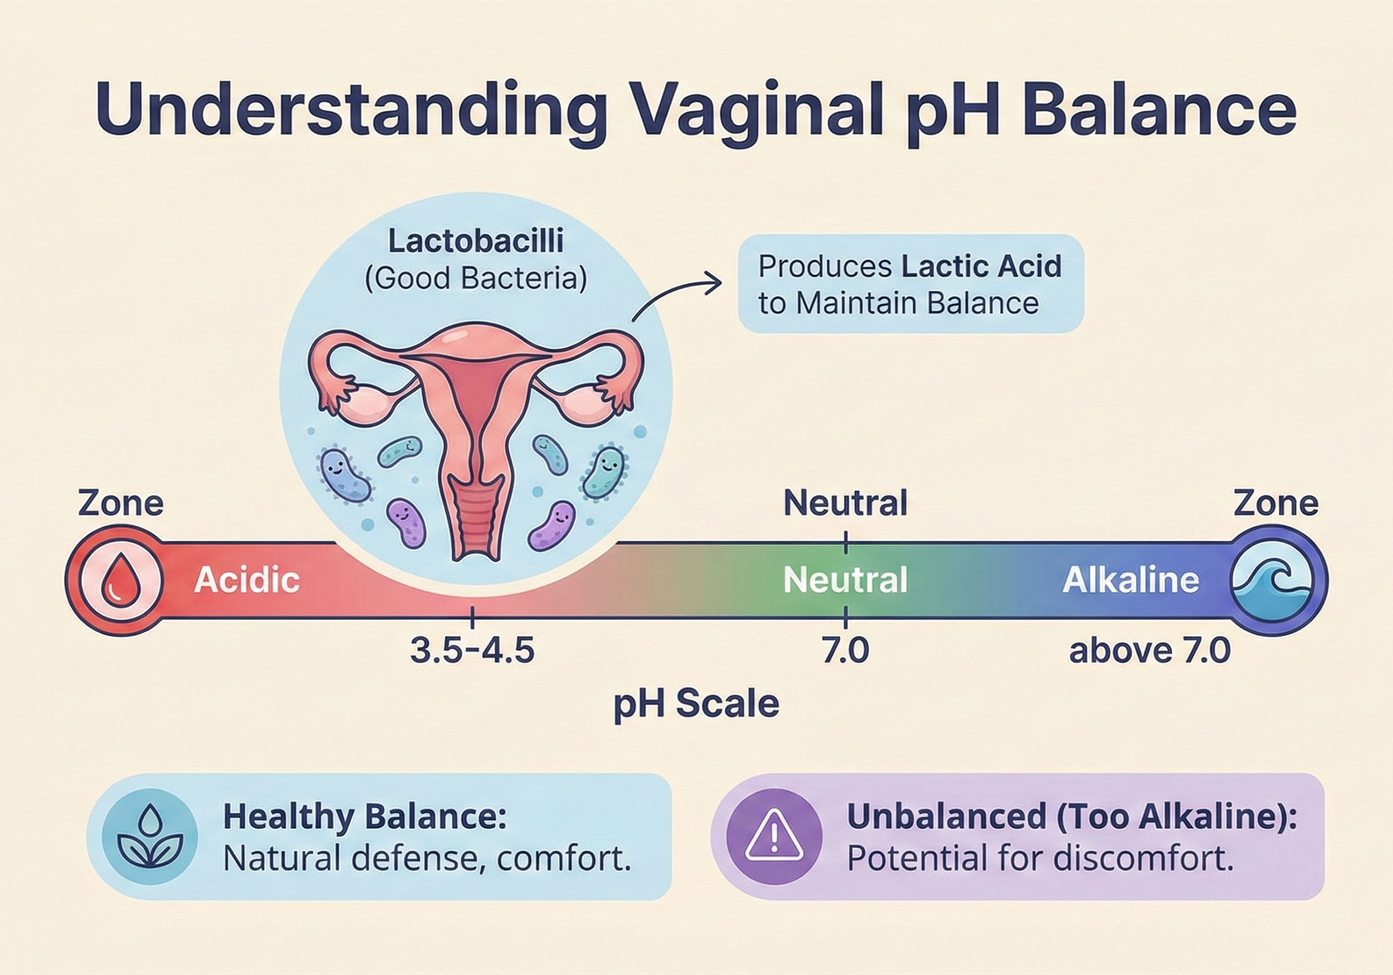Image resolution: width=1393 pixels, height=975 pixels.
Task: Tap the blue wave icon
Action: click(x=1272, y=579)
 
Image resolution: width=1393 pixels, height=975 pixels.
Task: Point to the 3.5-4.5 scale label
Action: click(x=472, y=651)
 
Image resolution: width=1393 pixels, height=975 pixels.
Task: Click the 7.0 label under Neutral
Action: click(x=846, y=651)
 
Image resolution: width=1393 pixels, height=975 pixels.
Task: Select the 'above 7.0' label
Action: click(x=1150, y=651)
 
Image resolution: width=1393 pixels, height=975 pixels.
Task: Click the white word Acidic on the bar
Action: click(x=247, y=580)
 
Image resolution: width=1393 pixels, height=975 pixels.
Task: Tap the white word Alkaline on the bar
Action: click(x=1130, y=580)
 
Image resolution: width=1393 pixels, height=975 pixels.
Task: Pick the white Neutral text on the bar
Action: click(x=846, y=580)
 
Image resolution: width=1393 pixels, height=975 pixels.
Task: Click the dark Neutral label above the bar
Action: click(x=846, y=503)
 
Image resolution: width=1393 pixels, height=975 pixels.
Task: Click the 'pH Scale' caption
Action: click(x=696, y=703)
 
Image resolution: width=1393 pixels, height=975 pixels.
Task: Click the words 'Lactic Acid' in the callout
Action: click(x=981, y=267)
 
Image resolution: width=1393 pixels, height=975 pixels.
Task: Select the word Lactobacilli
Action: click(x=476, y=242)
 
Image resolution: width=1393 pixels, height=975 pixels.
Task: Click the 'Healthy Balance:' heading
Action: click(x=364, y=817)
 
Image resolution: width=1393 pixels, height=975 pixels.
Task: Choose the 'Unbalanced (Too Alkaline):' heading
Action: click(x=1072, y=817)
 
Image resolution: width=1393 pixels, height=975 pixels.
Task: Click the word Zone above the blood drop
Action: click(x=120, y=503)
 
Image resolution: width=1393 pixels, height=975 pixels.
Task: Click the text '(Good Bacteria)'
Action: click(x=476, y=279)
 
